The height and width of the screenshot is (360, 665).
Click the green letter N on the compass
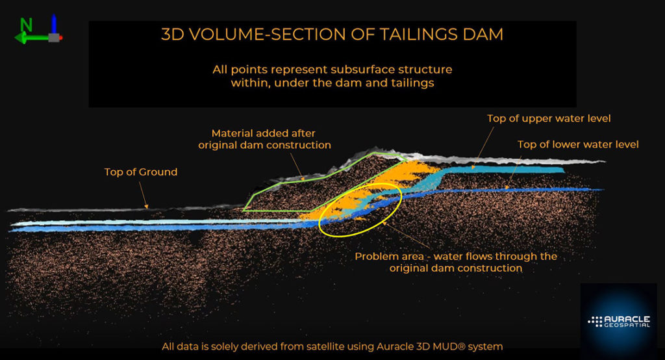(x=27, y=25)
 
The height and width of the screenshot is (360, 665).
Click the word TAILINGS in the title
(x=423, y=34)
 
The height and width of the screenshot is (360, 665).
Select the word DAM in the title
(x=485, y=34)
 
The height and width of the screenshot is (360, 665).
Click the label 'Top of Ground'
(x=141, y=172)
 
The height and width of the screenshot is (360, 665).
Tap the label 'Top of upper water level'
(x=549, y=118)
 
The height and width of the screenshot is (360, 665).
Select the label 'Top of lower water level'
(x=578, y=144)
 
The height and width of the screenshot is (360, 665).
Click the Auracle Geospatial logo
(x=618, y=321)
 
